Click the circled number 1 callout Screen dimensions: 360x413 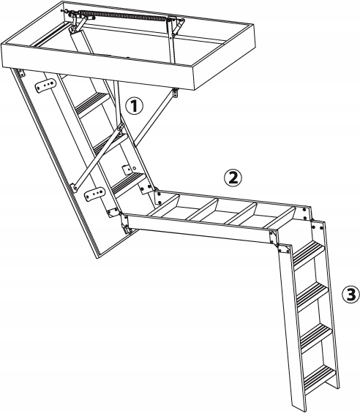134,106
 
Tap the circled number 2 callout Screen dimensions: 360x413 233,178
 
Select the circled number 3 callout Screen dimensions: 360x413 350,295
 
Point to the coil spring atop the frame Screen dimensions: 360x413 124,16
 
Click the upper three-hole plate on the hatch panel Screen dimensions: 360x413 45,85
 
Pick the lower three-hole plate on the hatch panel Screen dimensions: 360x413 94,194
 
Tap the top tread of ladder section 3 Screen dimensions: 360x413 309,254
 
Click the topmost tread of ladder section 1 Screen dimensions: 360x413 93,105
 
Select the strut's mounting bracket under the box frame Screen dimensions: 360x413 176,93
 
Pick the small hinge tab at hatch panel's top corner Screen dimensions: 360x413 20,72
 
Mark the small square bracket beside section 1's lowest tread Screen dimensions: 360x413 127,170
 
